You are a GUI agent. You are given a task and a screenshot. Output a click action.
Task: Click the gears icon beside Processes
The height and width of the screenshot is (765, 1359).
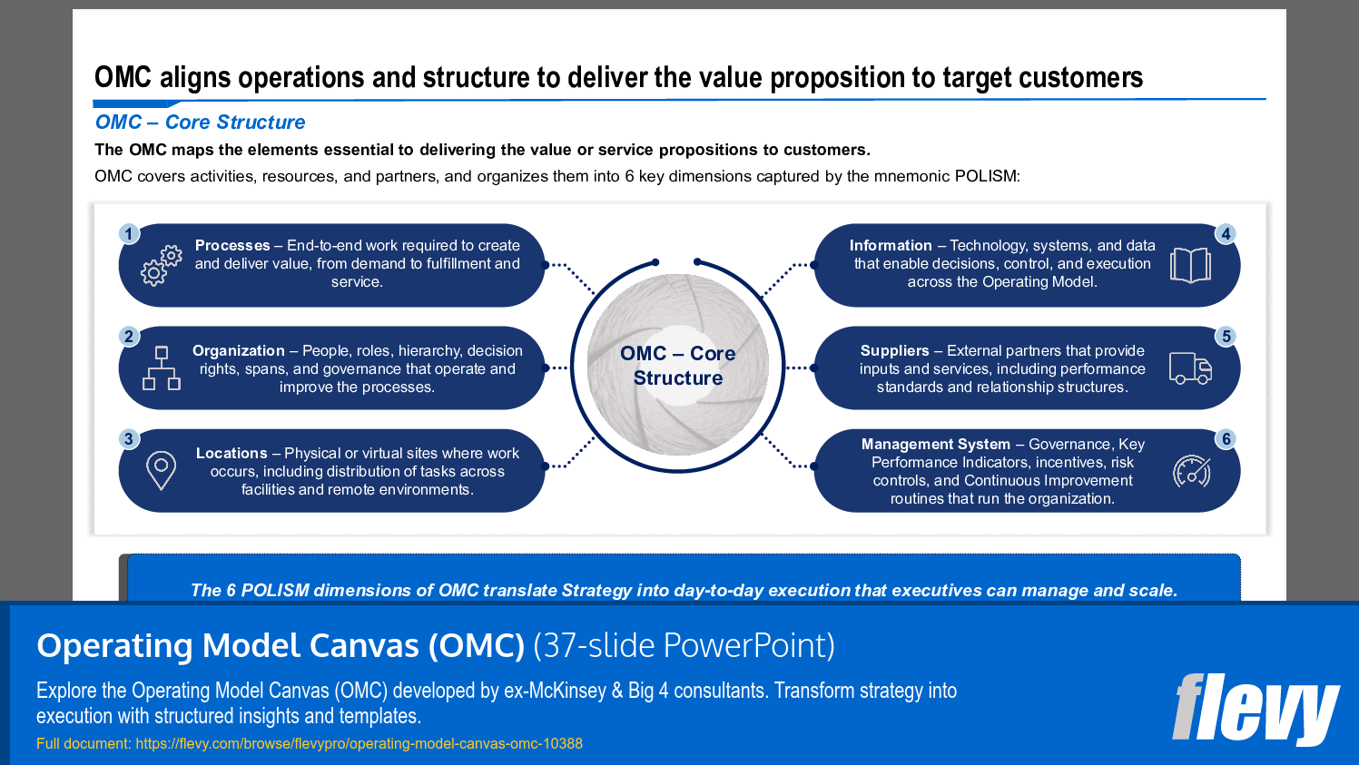click(161, 265)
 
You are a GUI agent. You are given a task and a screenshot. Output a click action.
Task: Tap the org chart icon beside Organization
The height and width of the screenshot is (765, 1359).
click(162, 368)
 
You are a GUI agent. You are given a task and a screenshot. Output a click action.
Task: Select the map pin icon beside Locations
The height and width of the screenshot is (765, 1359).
click(161, 471)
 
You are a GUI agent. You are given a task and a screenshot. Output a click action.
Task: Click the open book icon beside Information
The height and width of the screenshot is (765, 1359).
click(1190, 265)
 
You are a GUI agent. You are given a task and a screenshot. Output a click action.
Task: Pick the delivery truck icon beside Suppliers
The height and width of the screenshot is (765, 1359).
click(1190, 368)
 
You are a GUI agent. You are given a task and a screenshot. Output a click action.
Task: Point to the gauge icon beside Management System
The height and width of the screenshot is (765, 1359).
click(1191, 472)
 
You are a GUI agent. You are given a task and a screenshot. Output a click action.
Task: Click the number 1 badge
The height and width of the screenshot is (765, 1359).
click(129, 234)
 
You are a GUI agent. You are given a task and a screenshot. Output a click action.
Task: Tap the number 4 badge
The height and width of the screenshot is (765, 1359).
click(1226, 234)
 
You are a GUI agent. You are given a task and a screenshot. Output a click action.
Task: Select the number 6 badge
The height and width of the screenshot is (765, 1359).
click(1226, 439)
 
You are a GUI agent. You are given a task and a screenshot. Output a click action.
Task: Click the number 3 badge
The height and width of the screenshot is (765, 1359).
click(129, 439)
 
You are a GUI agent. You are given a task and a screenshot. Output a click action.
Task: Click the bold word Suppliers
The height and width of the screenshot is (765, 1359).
click(894, 350)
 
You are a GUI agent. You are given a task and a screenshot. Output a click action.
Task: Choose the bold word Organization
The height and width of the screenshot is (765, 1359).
click(239, 350)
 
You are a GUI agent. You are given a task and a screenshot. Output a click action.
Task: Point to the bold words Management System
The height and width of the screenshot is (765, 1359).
click(935, 444)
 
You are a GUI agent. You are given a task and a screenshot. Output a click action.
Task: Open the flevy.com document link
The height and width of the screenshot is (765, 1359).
click(359, 743)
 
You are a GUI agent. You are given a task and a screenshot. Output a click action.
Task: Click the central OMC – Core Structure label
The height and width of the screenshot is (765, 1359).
click(678, 366)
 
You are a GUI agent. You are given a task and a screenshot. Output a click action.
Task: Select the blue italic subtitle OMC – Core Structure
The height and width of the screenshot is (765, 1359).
click(200, 123)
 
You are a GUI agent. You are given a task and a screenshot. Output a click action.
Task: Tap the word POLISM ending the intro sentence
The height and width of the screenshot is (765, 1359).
click(986, 176)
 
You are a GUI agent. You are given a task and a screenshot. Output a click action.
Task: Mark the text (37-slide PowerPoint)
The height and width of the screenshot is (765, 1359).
click(684, 645)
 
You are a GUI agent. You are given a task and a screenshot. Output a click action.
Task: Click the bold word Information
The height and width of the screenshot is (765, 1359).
click(891, 245)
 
